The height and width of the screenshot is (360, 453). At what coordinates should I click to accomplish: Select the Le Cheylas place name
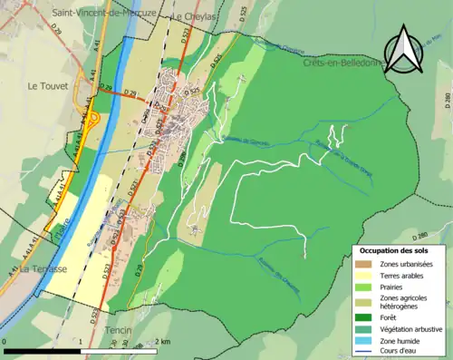(192, 16)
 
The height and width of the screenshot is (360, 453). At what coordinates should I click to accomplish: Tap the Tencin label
(120, 330)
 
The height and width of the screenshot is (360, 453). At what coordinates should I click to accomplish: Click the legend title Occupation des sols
(395, 249)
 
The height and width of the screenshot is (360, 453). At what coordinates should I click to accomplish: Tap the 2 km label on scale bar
(162, 340)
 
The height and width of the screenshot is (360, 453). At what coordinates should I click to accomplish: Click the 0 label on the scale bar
(5, 340)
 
